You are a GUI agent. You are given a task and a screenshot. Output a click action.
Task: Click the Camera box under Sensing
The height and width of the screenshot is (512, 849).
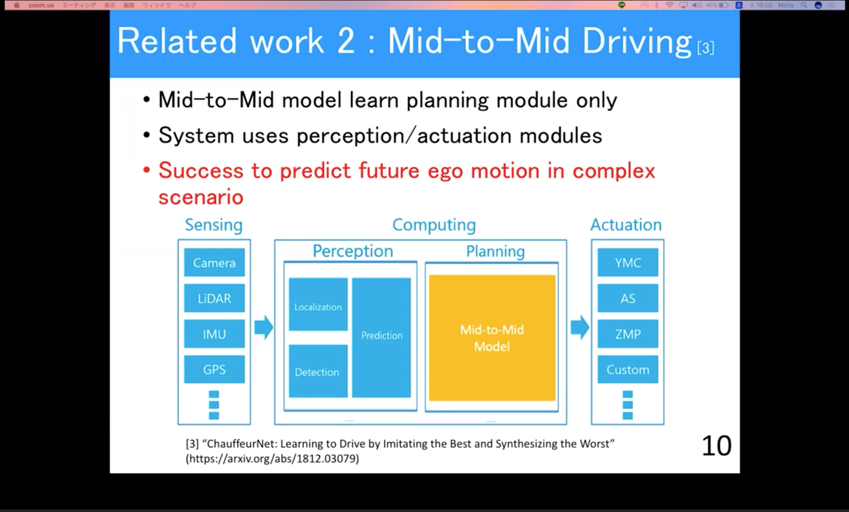(x=214, y=263)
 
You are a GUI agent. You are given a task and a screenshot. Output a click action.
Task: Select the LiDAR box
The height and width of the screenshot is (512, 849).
(x=214, y=298)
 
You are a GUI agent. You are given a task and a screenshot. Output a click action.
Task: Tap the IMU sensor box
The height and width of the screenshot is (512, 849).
(x=214, y=334)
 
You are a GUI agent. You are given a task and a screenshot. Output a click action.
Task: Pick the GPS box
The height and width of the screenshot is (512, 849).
(x=214, y=369)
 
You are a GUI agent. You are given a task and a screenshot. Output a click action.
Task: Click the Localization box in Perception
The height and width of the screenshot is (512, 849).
(x=318, y=305)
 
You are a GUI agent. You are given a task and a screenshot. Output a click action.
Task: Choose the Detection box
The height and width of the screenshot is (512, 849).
(x=317, y=371)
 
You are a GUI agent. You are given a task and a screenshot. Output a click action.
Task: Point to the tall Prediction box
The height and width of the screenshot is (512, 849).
(x=382, y=337)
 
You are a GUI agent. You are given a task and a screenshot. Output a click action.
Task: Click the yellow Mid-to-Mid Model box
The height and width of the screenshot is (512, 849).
(x=492, y=338)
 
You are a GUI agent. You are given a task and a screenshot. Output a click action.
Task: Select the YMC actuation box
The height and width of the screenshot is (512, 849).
(x=628, y=263)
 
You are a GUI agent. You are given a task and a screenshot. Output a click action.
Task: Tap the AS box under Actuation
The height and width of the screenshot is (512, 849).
(x=628, y=298)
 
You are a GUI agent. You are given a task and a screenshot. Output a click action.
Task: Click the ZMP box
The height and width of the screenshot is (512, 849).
(x=628, y=334)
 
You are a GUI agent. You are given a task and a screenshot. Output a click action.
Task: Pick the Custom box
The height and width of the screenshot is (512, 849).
(x=628, y=369)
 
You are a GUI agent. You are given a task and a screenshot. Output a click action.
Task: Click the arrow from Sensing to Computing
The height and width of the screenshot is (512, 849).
(x=263, y=328)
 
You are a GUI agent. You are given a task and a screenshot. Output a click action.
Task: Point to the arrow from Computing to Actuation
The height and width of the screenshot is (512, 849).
(x=579, y=328)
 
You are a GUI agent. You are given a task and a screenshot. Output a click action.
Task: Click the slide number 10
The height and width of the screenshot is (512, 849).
(x=716, y=446)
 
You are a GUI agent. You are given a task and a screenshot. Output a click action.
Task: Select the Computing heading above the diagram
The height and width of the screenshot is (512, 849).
(x=434, y=225)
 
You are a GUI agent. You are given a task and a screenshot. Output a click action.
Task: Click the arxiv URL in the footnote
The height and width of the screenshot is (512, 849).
(x=272, y=458)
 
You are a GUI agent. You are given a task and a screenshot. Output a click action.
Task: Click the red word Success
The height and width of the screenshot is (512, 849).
(x=201, y=171)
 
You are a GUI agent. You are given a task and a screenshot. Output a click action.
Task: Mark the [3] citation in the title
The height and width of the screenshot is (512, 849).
(x=706, y=48)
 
